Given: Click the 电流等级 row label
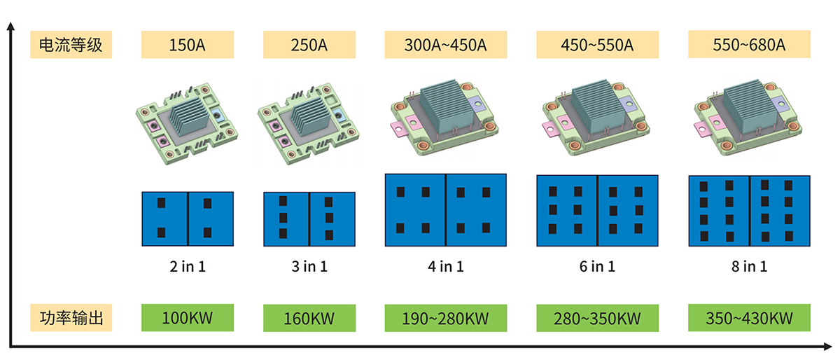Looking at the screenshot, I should tap(70, 46).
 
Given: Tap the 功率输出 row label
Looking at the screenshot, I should tap(70, 318).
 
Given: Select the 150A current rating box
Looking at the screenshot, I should tap(187, 46).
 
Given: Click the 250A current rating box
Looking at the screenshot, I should tap(309, 46).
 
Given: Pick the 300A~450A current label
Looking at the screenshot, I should tap(445, 46).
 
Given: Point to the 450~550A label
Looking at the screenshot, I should tap(597, 46).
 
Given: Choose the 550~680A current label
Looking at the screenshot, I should tap(750, 46).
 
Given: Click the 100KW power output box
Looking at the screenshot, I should tap(187, 318).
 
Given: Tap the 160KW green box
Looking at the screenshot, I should tap(309, 319).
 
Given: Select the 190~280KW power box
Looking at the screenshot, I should tap(445, 319).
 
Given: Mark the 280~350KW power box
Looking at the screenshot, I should tap(597, 319).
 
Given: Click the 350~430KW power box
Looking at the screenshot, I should tap(750, 319).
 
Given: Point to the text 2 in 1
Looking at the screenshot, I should tap(187, 267).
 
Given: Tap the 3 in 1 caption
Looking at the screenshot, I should tap(309, 267).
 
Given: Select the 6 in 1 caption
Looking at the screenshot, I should tap(597, 267).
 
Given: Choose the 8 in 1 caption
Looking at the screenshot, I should tap(750, 267).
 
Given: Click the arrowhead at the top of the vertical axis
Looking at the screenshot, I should tap(10, 26).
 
